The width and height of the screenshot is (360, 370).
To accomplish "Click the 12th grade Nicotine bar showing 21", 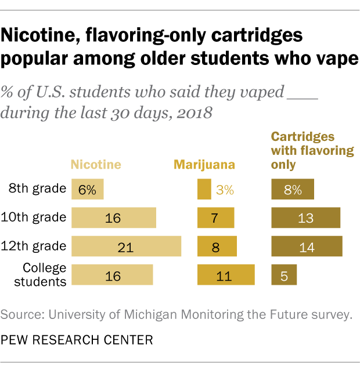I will (x=126, y=246).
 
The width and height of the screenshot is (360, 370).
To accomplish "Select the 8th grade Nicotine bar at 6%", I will (x=87, y=190).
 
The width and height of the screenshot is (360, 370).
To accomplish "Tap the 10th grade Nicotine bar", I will (x=114, y=218).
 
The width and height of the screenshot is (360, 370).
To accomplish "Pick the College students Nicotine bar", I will (x=112, y=275).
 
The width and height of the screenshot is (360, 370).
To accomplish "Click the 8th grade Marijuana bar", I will (x=204, y=190).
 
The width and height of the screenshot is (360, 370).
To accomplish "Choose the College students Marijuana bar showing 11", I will (x=226, y=275).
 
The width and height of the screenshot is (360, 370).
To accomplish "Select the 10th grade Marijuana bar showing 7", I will (x=215, y=218).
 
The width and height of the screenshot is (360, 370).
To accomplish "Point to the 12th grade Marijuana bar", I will (x=217, y=246).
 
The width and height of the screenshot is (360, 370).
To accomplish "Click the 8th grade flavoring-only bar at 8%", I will (x=293, y=190).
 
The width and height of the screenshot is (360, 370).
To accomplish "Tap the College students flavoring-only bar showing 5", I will (x=284, y=275).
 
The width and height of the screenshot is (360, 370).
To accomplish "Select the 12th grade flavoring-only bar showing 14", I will (x=307, y=246).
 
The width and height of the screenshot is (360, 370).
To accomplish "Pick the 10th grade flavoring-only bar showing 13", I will (x=305, y=218).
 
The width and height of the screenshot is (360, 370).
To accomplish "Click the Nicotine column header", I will (x=96, y=165).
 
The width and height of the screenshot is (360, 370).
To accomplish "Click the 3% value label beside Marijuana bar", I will (x=225, y=190).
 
